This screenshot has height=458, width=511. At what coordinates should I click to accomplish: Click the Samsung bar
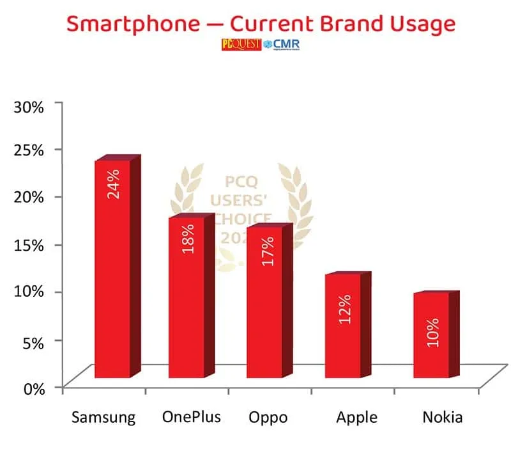point(112,269)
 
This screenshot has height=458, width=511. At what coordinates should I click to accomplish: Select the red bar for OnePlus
point(187,297)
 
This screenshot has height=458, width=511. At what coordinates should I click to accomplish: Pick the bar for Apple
point(343,326)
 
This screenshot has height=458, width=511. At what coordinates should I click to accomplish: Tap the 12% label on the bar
point(344,309)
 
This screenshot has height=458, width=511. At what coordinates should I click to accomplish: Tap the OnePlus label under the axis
point(191,418)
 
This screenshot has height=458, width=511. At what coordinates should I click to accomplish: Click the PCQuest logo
point(240,44)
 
